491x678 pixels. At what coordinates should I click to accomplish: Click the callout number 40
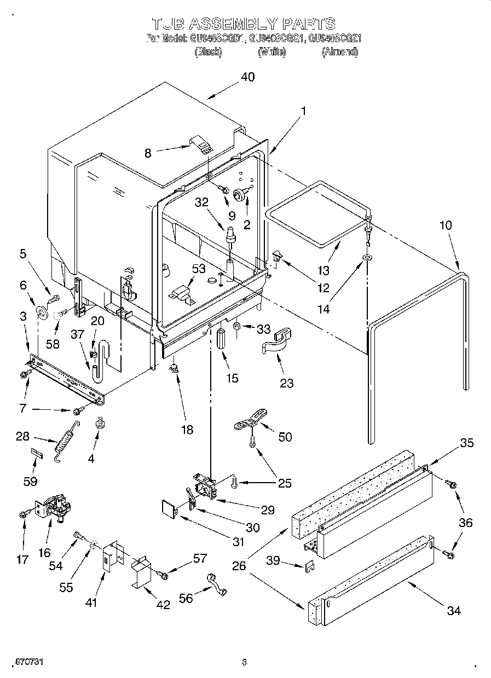coord(248,77)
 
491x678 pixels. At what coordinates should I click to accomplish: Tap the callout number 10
coord(446,226)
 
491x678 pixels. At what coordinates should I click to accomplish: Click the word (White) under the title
coord(272,52)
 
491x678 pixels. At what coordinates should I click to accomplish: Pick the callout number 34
coord(454,611)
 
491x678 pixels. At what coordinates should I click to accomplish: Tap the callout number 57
coord(200,558)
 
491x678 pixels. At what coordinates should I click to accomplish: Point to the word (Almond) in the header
coord(339,52)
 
